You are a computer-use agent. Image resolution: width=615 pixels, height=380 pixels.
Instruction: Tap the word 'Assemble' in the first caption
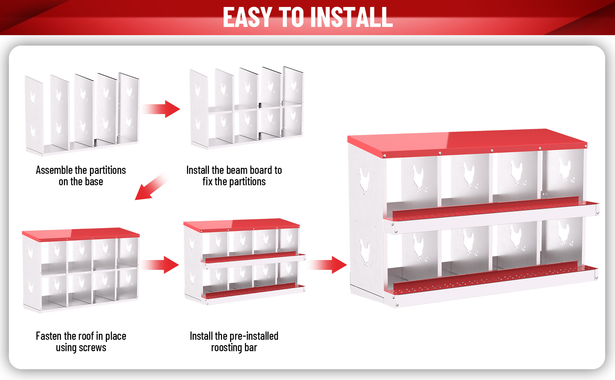click(x=54, y=170)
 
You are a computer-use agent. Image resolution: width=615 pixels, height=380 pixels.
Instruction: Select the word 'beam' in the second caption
click(x=237, y=170)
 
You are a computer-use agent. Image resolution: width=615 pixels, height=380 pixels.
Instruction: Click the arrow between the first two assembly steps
click(x=161, y=109)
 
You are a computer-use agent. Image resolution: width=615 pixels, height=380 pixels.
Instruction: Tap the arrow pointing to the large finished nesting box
click(x=328, y=265)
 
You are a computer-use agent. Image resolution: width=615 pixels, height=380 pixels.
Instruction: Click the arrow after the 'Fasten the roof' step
click(x=160, y=265)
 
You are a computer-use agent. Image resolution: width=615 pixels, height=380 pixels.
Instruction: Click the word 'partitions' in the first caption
click(x=108, y=170)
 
